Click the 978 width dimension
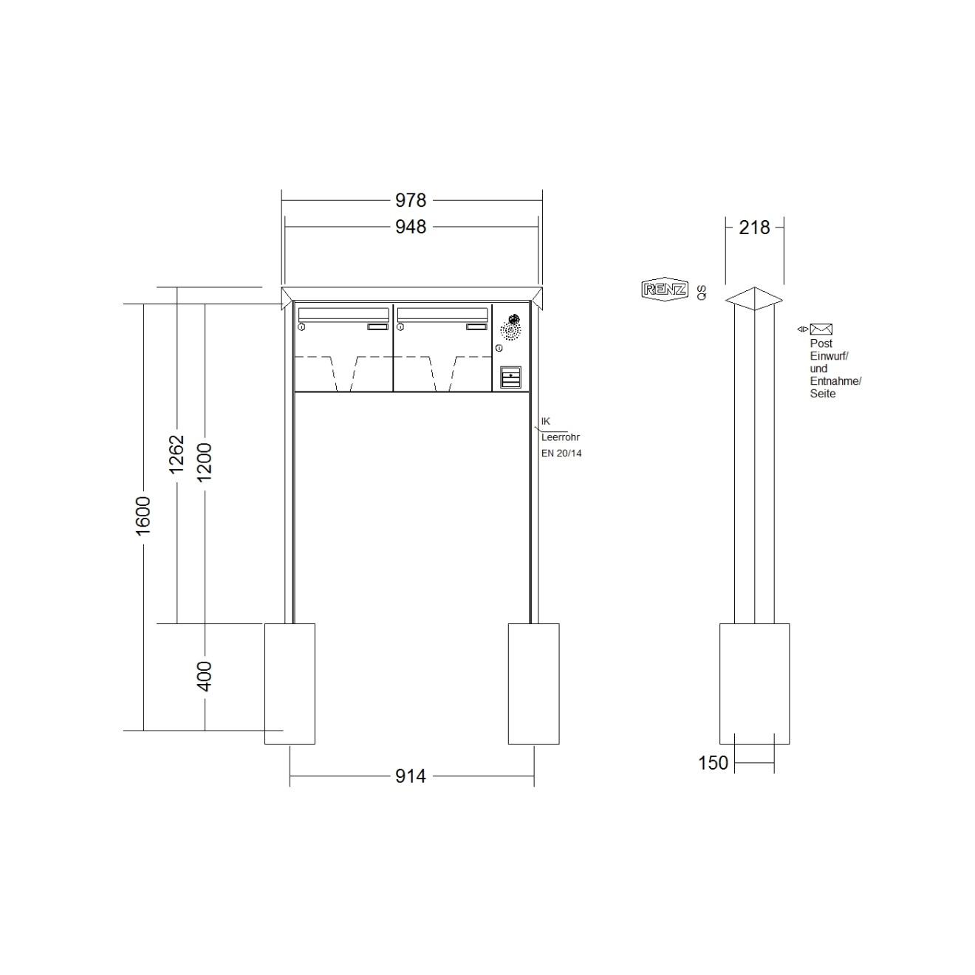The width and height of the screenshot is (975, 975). pos(411,200)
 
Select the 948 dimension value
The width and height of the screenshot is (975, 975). pos(411,227)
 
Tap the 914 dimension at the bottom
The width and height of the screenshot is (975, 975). pos(411,776)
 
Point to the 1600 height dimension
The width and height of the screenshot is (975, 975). pos(143,516)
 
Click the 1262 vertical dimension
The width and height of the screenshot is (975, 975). pos(177,454)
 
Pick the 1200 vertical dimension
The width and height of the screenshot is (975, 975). pos(205,462)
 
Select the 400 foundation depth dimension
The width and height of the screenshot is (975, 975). pos(205,676)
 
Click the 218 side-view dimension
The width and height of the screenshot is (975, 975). pos(754,227)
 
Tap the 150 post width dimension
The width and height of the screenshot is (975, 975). pos(713,762)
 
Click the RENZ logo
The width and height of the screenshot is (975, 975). pos(665,290)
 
